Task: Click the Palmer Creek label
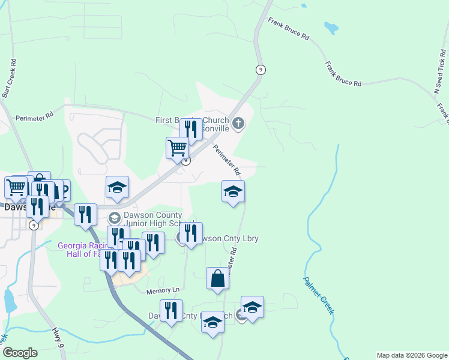[318, 295]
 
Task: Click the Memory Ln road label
[163, 291]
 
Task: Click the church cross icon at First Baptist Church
[238, 124]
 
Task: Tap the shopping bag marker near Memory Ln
[217, 278]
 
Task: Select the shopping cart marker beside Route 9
[177, 147]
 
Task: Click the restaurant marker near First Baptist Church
[191, 129]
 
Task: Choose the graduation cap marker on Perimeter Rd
[233, 191]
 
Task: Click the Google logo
[20, 353]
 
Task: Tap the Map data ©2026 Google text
[412, 355]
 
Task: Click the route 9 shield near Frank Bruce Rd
[260, 70]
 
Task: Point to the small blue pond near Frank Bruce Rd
[331, 28]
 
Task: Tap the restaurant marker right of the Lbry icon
[191, 234]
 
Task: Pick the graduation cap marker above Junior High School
[117, 187]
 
